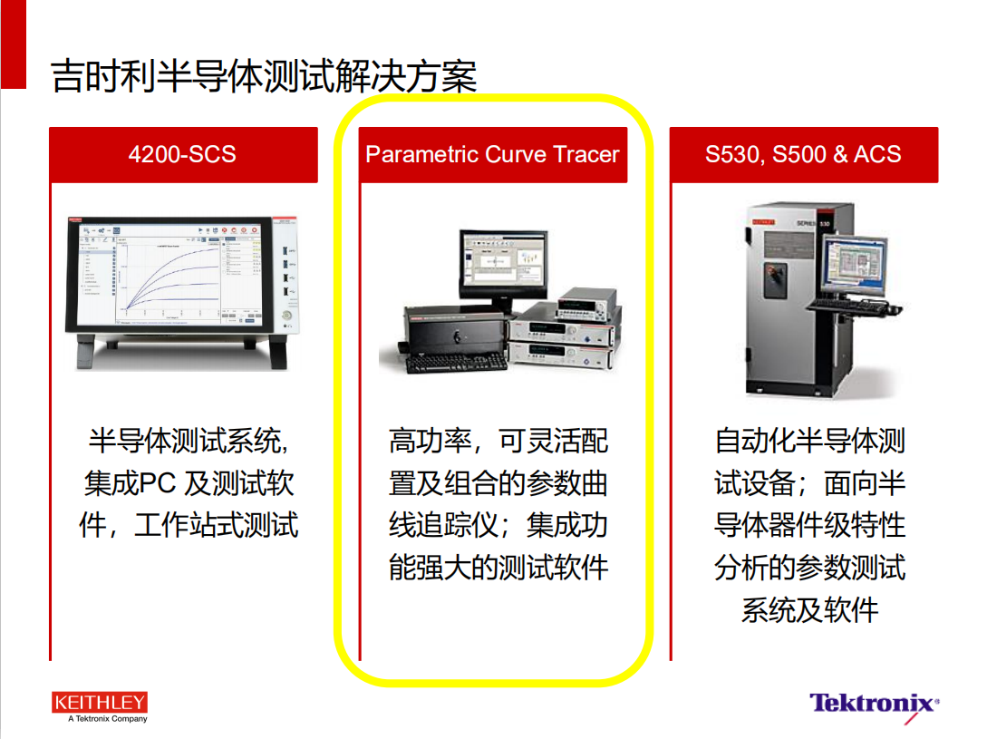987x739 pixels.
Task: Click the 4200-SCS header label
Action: click(182, 154)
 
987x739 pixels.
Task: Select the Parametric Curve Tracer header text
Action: click(492, 154)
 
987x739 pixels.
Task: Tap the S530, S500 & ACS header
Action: click(803, 154)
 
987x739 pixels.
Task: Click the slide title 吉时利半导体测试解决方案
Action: click(264, 76)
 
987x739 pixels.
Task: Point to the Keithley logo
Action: click(100, 702)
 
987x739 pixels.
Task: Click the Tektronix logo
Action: click(874, 704)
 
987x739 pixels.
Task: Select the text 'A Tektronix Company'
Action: click(108, 719)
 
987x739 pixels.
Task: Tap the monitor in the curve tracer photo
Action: click(503, 266)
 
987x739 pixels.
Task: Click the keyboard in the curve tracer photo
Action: click(457, 363)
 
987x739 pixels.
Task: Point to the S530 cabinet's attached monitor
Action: click(854, 263)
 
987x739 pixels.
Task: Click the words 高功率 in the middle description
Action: click(431, 441)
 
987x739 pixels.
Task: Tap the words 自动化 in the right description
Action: click(755, 441)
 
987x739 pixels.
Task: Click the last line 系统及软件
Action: click(809, 610)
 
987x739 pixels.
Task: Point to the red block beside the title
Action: click(14, 44)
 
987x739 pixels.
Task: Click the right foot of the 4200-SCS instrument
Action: click(277, 352)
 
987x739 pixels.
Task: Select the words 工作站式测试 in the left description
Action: click(216, 525)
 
